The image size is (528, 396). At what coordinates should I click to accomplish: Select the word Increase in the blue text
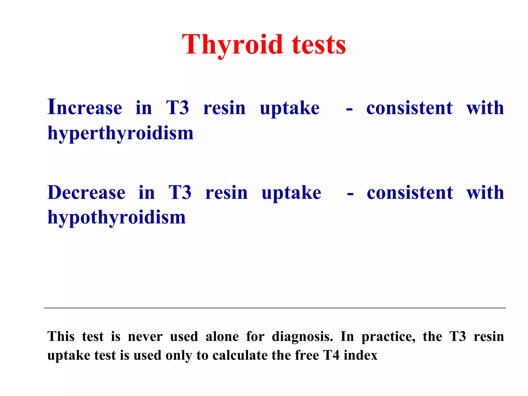click(x=85, y=108)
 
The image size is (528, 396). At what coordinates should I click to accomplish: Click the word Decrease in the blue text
click(x=86, y=193)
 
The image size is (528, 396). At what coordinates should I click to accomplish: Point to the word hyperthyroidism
click(x=120, y=133)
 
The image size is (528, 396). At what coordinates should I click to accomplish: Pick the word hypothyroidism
click(x=117, y=217)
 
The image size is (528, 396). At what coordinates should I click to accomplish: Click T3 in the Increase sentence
click(x=177, y=108)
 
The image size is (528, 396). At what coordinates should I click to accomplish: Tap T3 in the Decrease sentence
click(x=180, y=193)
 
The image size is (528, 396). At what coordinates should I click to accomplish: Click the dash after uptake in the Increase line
click(x=349, y=110)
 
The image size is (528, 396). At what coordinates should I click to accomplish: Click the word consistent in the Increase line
click(x=409, y=108)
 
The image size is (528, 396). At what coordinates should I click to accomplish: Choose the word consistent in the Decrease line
click(x=410, y=193)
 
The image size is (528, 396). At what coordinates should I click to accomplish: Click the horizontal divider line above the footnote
click(x=275, y=308)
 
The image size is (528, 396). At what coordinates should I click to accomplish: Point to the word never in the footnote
click(x=145, y=337)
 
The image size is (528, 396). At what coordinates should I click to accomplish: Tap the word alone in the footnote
click(x=222, y=337)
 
